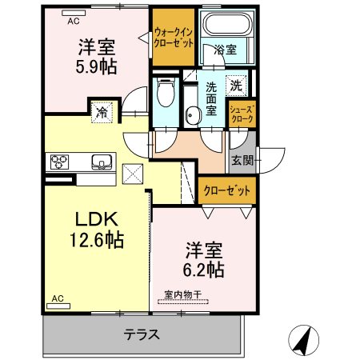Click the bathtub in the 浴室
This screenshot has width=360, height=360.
tap(227, 23)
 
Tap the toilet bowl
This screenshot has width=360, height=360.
tap(166, 92)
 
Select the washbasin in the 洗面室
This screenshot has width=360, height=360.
tap(194, 116)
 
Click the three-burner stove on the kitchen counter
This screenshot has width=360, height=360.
tap(59, 162)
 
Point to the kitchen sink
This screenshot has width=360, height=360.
tap(102, 162)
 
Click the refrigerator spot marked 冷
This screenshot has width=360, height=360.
tap(102, 112)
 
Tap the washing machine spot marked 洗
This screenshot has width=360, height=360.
tap(236, 86)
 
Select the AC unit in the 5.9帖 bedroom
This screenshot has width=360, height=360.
tap(74, 13)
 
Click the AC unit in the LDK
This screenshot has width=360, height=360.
tap(58, 306)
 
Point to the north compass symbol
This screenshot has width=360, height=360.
tap(303, 340)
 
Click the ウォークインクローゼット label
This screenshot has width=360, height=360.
tap(174, 38)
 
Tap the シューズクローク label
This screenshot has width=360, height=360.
tap(242, 114)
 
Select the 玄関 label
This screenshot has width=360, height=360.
tap(242, 160)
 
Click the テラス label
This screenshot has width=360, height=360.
tap(142, 334)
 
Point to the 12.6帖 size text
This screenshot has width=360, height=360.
tap(97, 240)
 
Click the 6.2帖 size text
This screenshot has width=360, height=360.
tap(203, 270)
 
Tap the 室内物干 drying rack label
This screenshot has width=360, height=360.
tap(182, 294)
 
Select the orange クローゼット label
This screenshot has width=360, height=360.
tap(227, 191)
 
